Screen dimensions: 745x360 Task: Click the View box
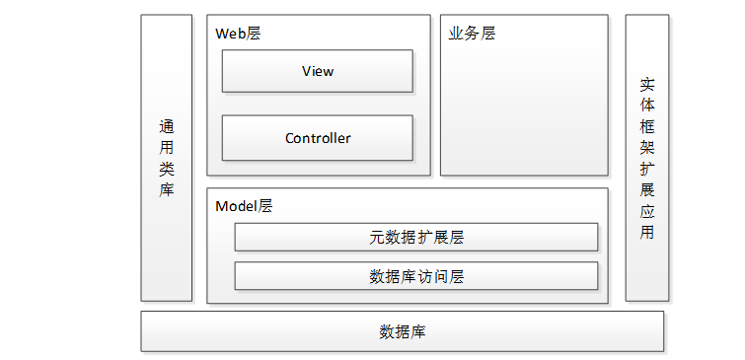point(318,71)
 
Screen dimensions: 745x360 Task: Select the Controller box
point(318,138)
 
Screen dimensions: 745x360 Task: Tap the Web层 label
point(238,34)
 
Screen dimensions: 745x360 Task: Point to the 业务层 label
point(472,34)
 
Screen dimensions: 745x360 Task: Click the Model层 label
point(244,206)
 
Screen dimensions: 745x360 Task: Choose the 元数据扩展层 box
point(416,237)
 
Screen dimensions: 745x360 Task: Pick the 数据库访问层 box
point(416,276)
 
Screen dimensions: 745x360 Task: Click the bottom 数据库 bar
point(402,331)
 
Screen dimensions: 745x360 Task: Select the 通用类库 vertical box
point(167,158)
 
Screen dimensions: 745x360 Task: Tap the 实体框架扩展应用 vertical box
point(647,158)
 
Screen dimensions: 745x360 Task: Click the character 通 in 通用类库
point(167,127)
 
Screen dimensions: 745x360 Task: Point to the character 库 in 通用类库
point(167,189)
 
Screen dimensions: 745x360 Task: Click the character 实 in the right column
point(647,85)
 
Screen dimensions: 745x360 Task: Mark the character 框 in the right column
point(647,126)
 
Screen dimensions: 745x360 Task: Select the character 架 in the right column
point(647,148)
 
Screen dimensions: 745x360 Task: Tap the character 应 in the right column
point(647,210)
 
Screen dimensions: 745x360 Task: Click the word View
point(318,71)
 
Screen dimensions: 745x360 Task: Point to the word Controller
point(318,138)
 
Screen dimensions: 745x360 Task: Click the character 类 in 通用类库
point(167,169)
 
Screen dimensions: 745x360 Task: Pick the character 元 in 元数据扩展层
point(377,237)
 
